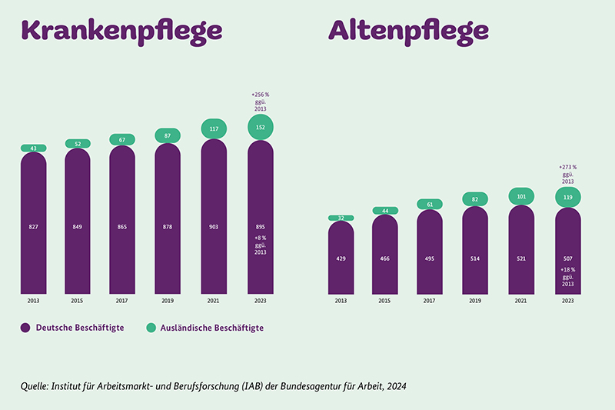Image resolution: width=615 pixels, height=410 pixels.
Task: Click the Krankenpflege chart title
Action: click(122, 31)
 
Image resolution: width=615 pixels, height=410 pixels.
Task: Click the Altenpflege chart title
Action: click(409, 31)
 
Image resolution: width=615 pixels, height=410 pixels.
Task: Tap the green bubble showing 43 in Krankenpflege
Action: click(33, 148)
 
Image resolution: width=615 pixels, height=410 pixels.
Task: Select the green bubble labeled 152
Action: click(261, 127)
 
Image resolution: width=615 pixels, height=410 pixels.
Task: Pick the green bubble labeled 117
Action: click(214, 129)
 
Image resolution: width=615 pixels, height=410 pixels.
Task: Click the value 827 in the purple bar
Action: click(33, 227)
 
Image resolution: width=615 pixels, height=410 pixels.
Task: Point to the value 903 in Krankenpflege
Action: click(214, 227)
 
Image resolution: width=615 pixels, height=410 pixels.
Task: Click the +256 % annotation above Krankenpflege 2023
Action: click(261, 94)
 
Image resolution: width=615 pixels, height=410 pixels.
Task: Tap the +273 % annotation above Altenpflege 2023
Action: click(567, 166)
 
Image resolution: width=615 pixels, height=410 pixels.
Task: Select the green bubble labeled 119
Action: click(567, 197)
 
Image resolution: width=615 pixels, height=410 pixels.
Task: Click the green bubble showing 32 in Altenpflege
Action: click(341, 218)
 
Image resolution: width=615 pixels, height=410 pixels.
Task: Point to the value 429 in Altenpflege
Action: click(341, 259)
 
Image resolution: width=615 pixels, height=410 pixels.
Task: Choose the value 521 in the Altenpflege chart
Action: click(522, 259)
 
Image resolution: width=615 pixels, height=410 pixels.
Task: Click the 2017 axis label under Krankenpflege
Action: click(123, 302)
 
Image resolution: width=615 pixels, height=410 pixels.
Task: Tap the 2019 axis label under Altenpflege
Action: click(476, 302)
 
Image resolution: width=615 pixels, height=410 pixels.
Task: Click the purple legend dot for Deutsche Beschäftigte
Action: click(25, 328)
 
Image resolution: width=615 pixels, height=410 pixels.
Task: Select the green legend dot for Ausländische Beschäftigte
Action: click(151, 328)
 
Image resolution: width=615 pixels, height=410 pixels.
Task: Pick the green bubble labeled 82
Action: click(476, 199)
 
